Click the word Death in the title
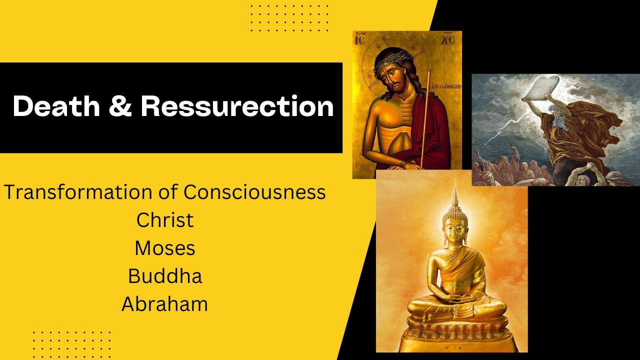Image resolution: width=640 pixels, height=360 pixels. coord(56,106)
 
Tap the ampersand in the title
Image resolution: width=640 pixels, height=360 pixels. coord(120,106)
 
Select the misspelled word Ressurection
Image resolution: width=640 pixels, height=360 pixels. coord(237,106)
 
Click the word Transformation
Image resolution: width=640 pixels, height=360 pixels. coord(78,191)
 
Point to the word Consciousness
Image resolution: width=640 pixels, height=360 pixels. coord(254,191)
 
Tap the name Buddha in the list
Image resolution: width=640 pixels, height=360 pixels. coord(165,276)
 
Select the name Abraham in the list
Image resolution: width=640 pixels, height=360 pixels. coord(165,304)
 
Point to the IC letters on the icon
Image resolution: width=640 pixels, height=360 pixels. coord(360,39)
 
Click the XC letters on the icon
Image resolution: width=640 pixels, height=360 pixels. coord(448,40)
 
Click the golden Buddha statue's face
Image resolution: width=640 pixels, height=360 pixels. coord(454,232)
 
